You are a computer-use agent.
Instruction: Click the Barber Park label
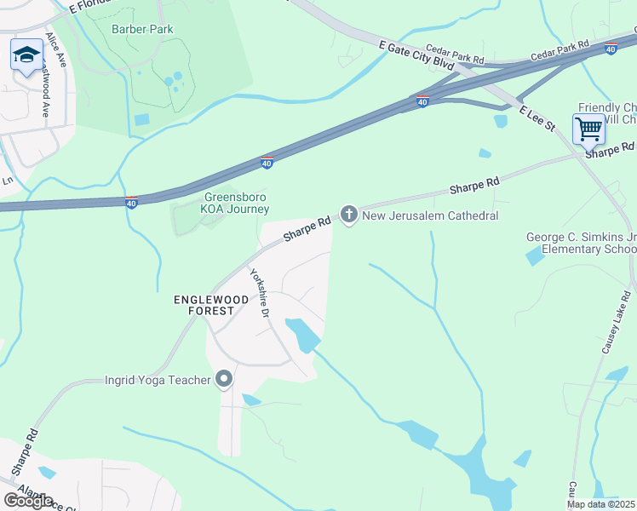point(142,29)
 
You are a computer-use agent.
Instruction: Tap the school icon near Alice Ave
point(26,55)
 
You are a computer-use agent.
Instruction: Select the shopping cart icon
point(588,129)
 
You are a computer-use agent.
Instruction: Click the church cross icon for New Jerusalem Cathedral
point(348,215)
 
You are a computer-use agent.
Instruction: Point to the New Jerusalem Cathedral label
point(430,216)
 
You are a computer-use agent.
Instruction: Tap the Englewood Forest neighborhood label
point(204,305)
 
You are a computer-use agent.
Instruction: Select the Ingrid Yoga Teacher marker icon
point(224,379)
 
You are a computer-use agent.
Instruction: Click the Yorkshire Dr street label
point(259,294)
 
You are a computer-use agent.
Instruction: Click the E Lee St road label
point(537,118)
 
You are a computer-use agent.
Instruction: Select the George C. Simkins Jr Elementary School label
point(581,243)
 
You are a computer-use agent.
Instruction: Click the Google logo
point(28,500)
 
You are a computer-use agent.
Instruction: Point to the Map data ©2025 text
point(600,504)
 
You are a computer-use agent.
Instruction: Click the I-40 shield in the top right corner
point(611,49)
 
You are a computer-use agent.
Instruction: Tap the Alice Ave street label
point(56,50)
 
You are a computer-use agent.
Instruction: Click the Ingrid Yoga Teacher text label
point(158,380)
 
